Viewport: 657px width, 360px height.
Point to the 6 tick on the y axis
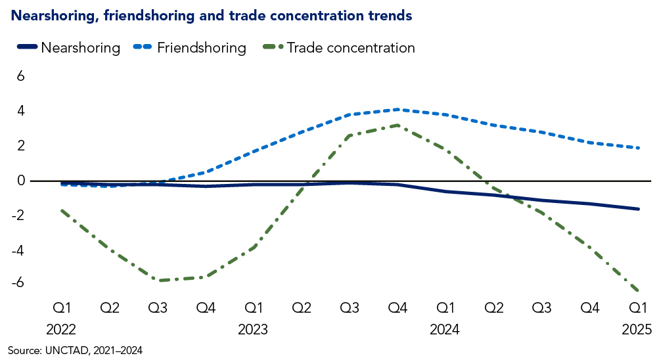coord(20,76)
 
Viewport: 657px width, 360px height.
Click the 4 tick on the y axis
coord(20,111)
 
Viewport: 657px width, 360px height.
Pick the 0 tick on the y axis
coord(20,181)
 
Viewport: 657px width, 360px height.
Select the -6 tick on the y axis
coord(17,282)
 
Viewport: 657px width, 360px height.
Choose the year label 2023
coord(254,328)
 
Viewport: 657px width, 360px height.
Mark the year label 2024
coord(445,328)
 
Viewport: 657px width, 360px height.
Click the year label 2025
coord(636,328)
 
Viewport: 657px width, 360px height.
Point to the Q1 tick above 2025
coord(636,307)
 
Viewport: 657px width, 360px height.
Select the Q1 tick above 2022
coord(63,307)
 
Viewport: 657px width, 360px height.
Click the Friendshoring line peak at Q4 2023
coord(397,110)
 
